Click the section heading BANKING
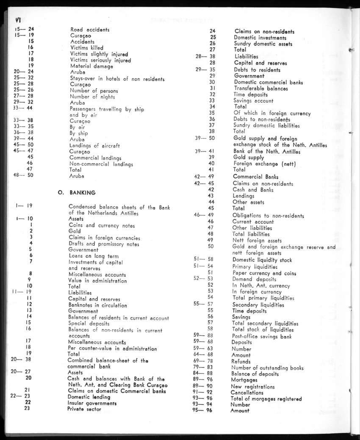[x=83, y=192]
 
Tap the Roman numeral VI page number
[x=18, y=19]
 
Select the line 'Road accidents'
[x=90, y=30]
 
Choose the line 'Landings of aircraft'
[x=94, y=146]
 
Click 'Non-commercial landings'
[x=101, y=164]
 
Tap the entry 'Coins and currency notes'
[x=102, y=226]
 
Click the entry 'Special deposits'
[x=89, y=323]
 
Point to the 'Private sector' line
[x=84, y=409]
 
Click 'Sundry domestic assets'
[x=263, y=44]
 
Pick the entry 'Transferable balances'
[x=261, y=89]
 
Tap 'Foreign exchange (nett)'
[x=265, y=163]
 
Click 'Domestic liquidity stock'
[x=262, y=260]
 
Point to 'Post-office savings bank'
[x=261, y=337]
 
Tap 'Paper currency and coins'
[x=264, y=273]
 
